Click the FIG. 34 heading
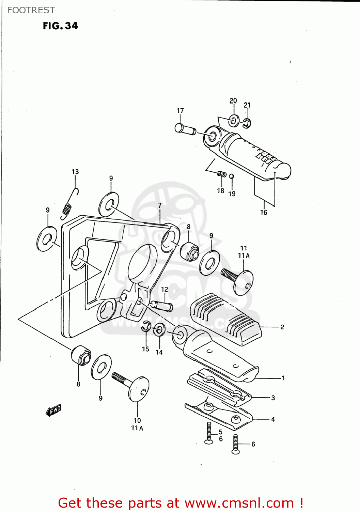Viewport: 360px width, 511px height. [x=60, y=26]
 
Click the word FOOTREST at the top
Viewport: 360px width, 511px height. [x=31, y=10]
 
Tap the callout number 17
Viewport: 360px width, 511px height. [x=180, y=111]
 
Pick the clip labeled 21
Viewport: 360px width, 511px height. [x=247, y=123]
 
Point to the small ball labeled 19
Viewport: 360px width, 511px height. [x=231, y=176]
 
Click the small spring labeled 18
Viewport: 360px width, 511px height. [x=222, y=174]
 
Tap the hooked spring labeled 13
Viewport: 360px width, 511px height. [x=69, y=203]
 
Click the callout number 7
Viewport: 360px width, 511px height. [x=160, y=205]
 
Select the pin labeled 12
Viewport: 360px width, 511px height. [x=161, y=305]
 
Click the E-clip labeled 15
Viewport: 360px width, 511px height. [x=146, y=326]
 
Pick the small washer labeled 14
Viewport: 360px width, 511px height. [x=159, y=330]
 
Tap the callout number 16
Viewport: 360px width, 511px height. [x=264, y=213]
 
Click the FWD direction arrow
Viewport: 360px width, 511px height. [x=54, y=410]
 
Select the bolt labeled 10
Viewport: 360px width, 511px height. [x=131, y=385]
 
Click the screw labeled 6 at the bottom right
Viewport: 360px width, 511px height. [x=235, y=445]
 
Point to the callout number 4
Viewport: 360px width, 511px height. [x=273, y=419]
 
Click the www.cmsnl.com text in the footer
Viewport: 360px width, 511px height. [x=239, y=503]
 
